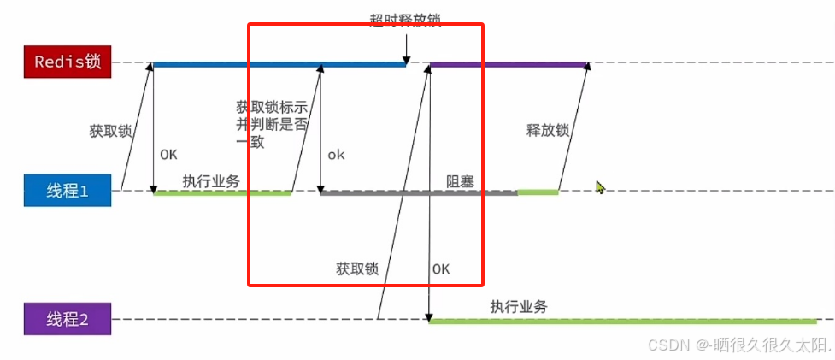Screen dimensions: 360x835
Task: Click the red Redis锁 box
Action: coord(68,62)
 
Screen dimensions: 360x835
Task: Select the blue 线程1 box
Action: coord(68,191)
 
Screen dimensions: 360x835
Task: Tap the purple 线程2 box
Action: coord(68,320)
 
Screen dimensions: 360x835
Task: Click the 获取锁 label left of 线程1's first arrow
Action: coord(110,132)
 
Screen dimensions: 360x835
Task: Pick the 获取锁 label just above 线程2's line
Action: coord(357,268)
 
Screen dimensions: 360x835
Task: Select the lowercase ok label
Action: coord(336,155)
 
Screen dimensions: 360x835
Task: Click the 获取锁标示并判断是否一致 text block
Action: coord(271,124)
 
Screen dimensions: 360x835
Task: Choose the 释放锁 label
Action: coord(548,131)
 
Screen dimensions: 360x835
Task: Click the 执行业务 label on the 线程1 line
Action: coord(210,181)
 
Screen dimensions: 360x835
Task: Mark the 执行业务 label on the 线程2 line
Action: coord(519,307)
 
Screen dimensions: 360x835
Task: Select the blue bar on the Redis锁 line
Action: coord(278,63)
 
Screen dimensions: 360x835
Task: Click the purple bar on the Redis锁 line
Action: coord(509,63)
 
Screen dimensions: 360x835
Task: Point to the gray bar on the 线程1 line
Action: coord(419,193)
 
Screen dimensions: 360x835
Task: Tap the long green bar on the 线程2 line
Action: coord(621,322)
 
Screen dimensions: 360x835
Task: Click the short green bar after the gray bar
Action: coord(538,193)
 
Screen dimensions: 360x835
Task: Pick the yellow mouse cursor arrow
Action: coord(600,186)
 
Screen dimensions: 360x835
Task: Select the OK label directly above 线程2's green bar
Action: coord(441,268)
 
